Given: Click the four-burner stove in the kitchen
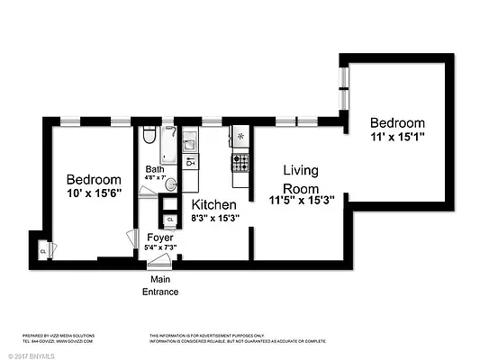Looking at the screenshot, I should pos(240,162).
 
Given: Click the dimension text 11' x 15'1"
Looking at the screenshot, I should pos(396,138).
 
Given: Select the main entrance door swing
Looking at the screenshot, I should pos(160,260).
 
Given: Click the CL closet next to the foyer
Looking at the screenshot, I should pos(170,219).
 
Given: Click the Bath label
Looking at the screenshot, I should pos(155,169).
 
